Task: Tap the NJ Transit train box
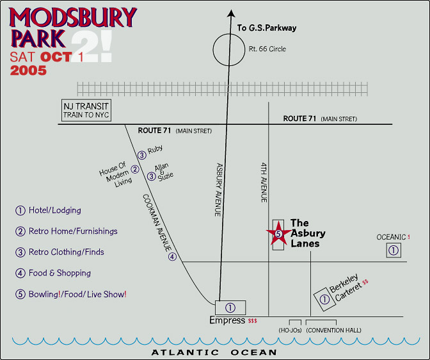[86, 110]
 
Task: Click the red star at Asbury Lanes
[278, 235]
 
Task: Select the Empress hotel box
[230, 307]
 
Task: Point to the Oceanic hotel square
[394, 250]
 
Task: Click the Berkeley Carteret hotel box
[325, 299]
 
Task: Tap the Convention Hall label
[333, 331]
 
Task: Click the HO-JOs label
[290, 331]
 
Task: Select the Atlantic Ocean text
[214, 352]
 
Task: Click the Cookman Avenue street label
[157, 225]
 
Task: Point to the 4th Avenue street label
[263, 182]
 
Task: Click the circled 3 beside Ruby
[141, 154]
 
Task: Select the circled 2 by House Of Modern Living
[135, 170]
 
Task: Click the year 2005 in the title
[28, 70]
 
